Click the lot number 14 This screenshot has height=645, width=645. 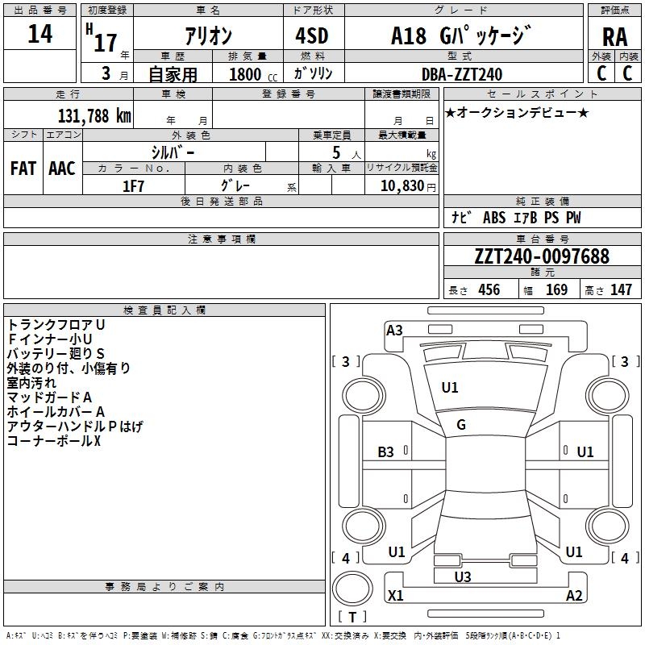(40, 34)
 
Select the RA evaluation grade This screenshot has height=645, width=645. (614, 37)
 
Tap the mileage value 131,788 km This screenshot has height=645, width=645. (94, 116)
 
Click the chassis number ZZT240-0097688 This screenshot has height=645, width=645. (542, 256)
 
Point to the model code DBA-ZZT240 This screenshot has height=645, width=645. (462, 74)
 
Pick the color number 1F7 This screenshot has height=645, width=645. (133, 186)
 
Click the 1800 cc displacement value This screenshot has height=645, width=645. (253, 74)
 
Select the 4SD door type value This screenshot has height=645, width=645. (312, 35)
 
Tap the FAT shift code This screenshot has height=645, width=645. (23, 169)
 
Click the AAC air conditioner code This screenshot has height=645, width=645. (62, 169)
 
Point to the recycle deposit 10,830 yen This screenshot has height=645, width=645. (408, 186)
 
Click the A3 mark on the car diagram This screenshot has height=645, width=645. (394, 331)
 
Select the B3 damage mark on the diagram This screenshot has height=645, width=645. (385, 452)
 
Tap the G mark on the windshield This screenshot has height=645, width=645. (461, 425)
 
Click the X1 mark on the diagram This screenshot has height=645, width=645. (395, 595)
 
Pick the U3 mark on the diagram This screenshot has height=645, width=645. (462, 576)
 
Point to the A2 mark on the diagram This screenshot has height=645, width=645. (574, 595)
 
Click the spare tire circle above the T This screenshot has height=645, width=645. (352, 589)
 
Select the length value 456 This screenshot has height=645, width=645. (489, 290)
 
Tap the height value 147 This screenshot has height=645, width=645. (621, 290)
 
